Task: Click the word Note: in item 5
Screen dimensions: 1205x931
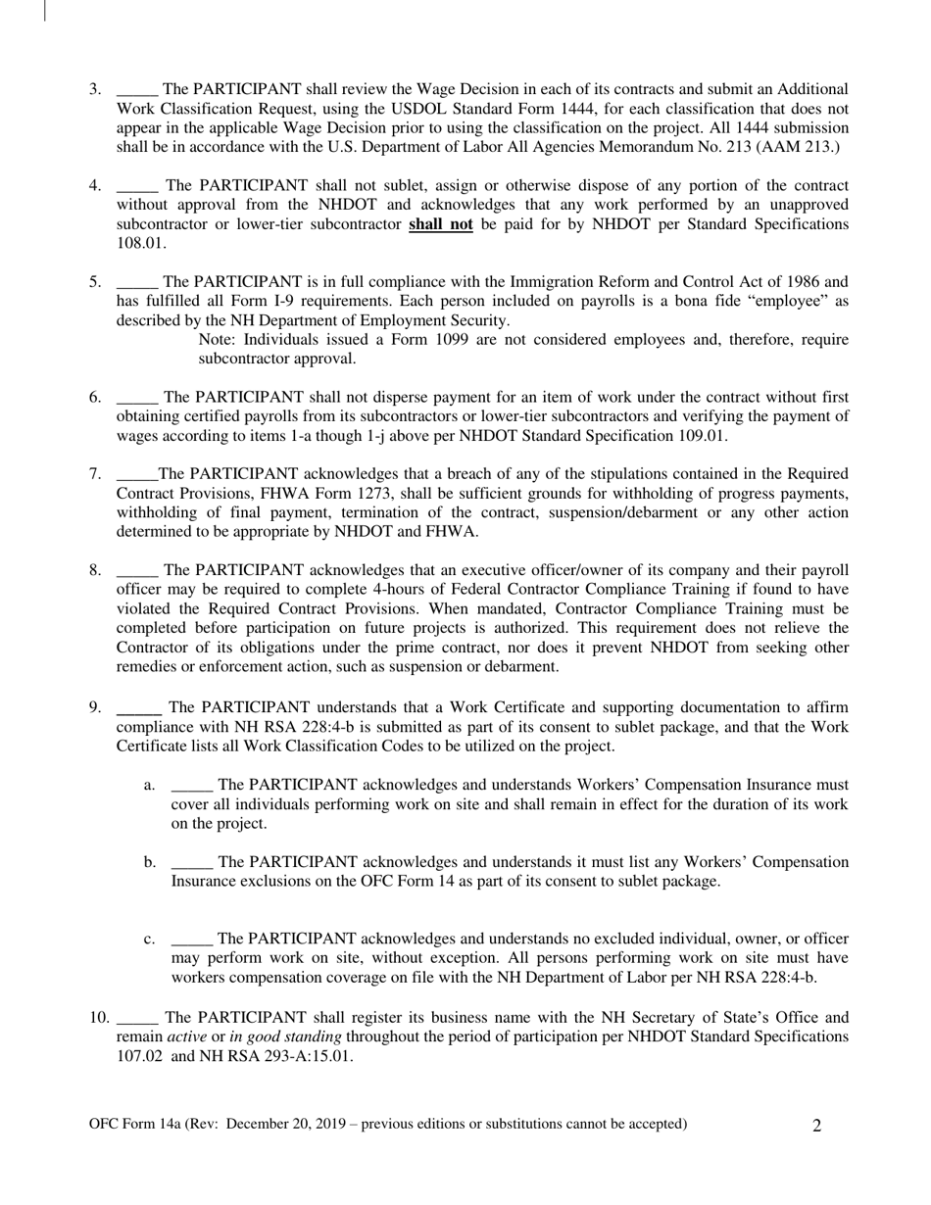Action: point(219,339)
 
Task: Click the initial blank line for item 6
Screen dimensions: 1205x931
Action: point(136,399)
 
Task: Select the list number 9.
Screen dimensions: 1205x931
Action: point(95,707)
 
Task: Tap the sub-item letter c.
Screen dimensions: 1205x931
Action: point(149,939)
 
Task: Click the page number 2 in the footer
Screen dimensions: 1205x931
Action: point(817,1126)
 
